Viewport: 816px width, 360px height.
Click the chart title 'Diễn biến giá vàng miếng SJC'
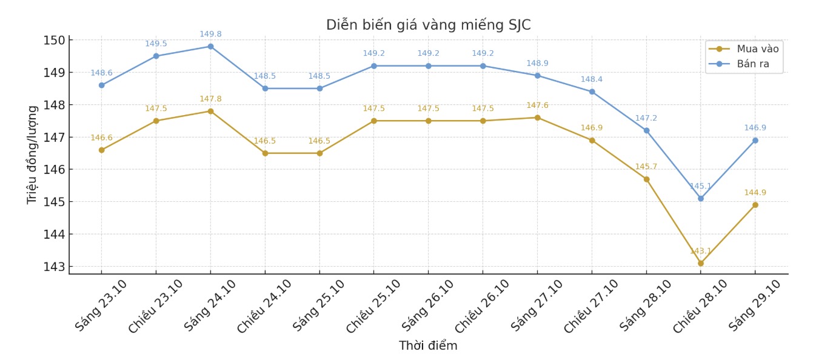[x=428, y=25]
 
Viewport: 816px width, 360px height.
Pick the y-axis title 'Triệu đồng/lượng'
[x=32, y=155]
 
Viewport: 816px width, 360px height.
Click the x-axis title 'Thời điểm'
[x=428, y=346]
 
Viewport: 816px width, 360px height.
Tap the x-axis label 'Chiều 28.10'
[x=700, y=306]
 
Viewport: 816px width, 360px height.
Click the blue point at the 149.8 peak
[x=210, y=46]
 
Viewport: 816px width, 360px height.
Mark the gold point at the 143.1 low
[x=701, y=263]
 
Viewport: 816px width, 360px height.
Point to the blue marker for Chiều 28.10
[x=701, y=198]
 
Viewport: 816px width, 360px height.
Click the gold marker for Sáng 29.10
[x=755, y=205]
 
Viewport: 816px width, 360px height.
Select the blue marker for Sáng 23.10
[x=101, y=85]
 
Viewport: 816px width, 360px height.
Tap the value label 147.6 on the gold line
[x=537, y=105]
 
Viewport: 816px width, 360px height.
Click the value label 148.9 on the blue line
[x=537, y=64]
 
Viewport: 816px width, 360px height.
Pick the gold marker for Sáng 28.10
[x=646, y=179]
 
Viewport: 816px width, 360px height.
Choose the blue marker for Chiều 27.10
[x=592, y=92]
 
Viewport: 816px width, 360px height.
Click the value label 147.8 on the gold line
[x=210, y=99]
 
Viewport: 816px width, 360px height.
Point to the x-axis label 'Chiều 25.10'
[x=373, y=306]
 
